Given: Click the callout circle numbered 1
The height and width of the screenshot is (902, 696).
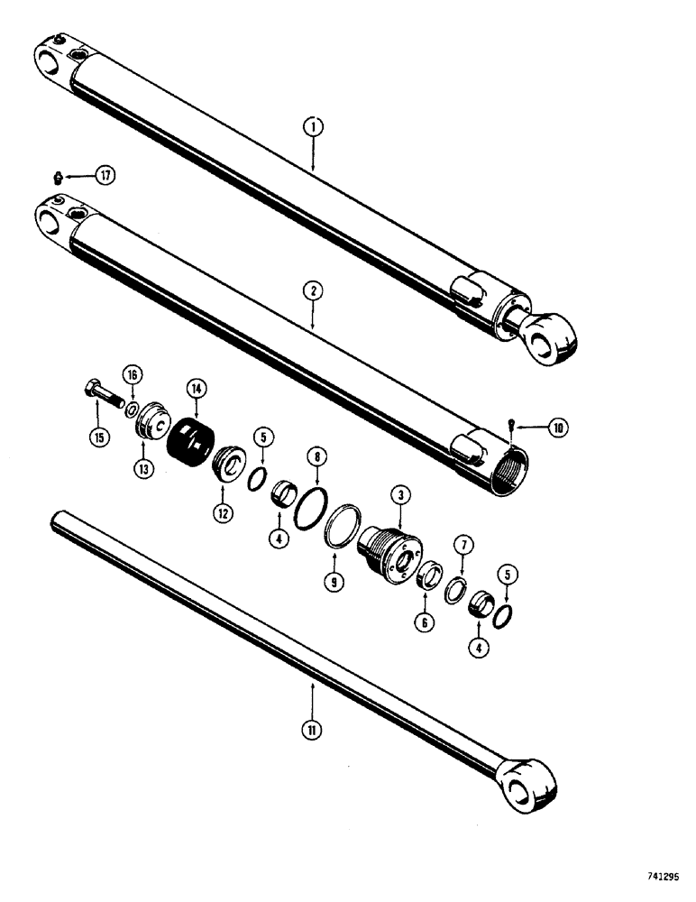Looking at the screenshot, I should click(x=312, y=128).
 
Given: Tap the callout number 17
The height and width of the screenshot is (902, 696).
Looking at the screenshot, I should click(x=107, y=175).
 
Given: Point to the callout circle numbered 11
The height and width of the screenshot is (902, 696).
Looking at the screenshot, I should click(x=312, y=726).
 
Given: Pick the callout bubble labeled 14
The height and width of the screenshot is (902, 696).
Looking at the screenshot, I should click(x=196, y=388).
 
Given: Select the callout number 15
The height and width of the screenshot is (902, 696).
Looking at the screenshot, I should click(x=96, y=438).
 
